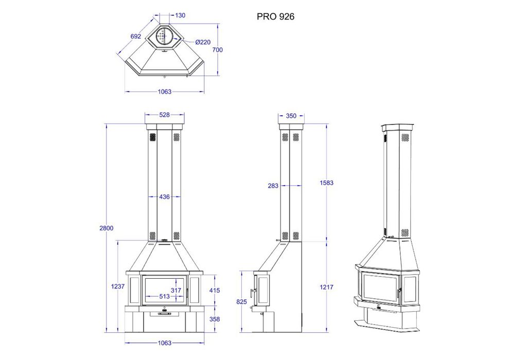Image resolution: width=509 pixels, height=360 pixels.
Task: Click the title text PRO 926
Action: pyautogui.click(x=275, y=16)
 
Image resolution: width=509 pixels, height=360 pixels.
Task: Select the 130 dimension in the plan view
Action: pyautogui.click(x=180, y=15)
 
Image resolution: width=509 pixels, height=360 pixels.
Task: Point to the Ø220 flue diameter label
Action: pyautogui.click(x=203, y=42)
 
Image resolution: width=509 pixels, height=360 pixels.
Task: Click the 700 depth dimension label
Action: pyautogui.click(x=217, y=50)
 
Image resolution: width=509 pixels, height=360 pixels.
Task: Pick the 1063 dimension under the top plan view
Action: pyautogui.click(x=164, y=92)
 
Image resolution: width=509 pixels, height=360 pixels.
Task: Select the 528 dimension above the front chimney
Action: pyautogui.click(x=164, y=115)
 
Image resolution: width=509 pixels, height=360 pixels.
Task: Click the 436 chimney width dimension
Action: pyautogui.click(x=164, y=196)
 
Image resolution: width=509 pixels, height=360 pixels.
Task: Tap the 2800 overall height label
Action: pyautogui.click(x=106, y=228)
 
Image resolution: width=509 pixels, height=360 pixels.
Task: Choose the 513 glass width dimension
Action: pyautogui.click(x=164, y=297)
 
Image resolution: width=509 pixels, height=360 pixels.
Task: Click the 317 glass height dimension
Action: pyautogui.click(x=176, y=291)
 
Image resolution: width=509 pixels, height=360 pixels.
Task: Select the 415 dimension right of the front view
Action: pyautogui.click(x=214, y=291)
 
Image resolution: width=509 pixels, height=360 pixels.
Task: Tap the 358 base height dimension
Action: pyautogui.click(x=214, y=319)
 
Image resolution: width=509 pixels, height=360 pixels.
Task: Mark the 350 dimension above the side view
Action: pyautogui.click(x=291, y=116)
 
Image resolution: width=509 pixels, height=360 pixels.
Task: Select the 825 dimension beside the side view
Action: pyautogui.click(x=241, y=302)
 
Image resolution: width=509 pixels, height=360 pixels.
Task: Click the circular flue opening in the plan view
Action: pyautogui.click(x=164, y=36)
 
